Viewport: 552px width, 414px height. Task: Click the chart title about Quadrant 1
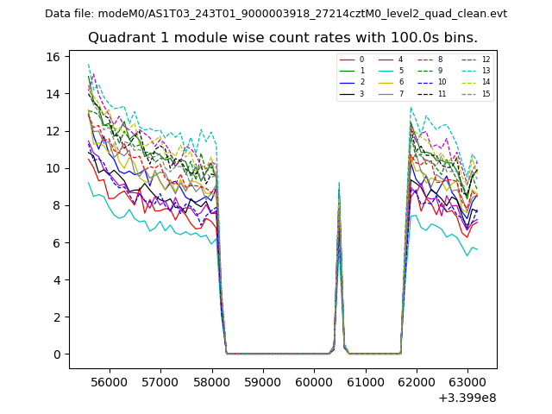coord(282,38)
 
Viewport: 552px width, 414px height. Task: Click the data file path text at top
coord(276,14)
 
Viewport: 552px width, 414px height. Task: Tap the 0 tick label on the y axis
coord(58,354)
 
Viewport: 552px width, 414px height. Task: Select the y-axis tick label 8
coord(58,205)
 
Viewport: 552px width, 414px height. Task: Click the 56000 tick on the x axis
coord(109,380)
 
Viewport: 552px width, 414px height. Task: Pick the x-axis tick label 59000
coord(263,380)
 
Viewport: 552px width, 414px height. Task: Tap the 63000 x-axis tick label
coord(467,380)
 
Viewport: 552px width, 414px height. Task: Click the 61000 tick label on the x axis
coord(365,380)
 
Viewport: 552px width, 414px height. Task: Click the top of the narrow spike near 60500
coord(339,183)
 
